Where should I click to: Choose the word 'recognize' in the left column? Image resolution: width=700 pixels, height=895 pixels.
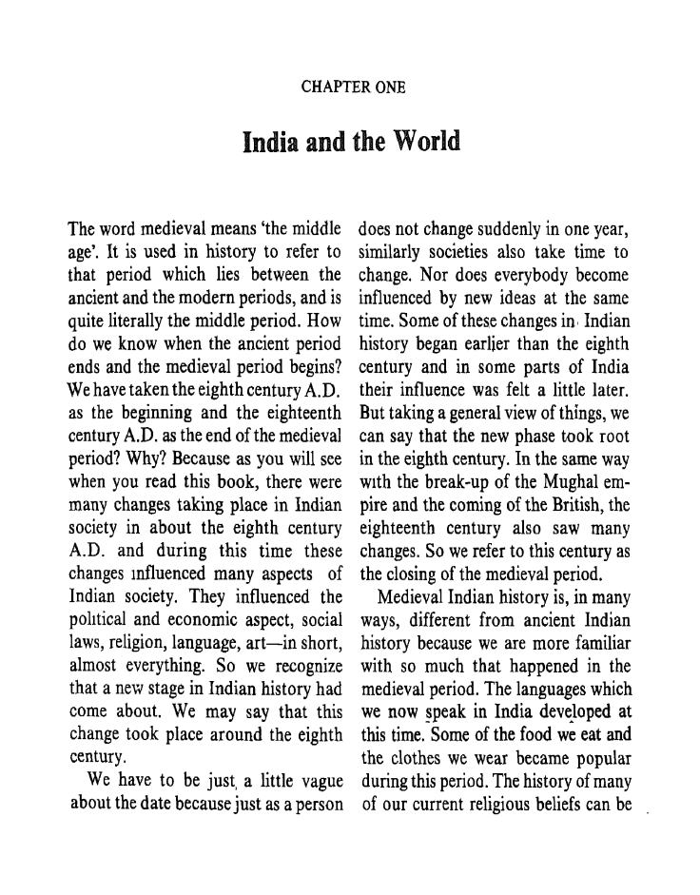[x=304, y=667]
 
